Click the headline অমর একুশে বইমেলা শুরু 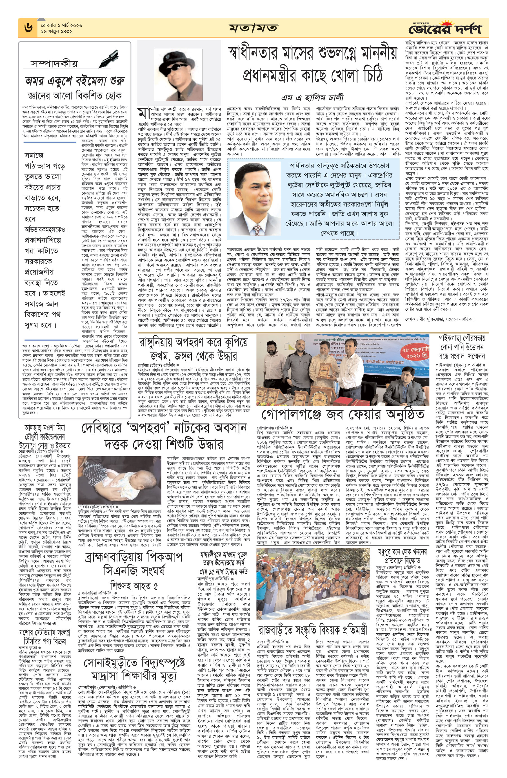(75, 81)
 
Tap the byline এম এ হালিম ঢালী (312, 97)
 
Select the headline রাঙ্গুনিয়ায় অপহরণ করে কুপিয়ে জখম (193, 349)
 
